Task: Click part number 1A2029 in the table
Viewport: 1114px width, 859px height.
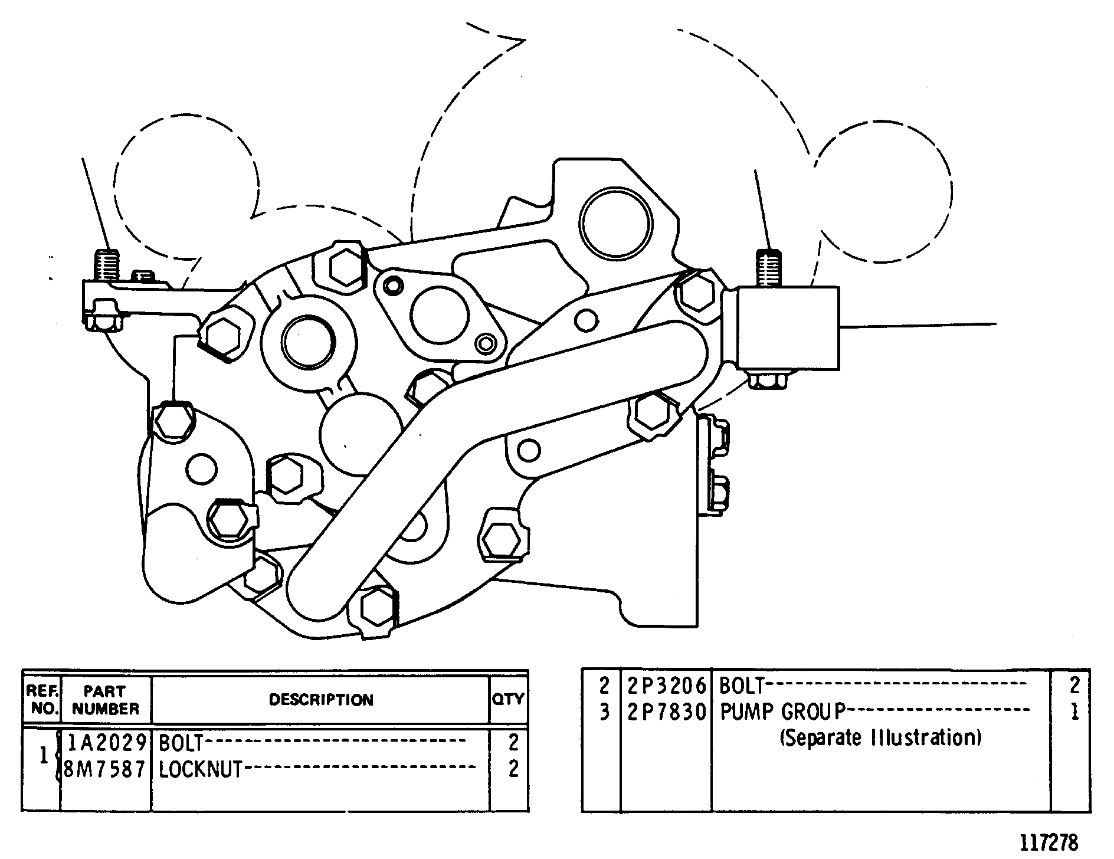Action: tap(106, 742)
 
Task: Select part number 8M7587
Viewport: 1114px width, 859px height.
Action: tap(104, 769)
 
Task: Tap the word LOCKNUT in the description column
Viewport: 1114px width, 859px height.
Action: tap(201, 769)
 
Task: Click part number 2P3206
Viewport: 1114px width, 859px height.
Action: tap(666, 686)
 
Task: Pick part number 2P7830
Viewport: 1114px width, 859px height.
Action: tap(666, 712)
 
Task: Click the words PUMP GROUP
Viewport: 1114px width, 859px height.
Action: tap(783, 712)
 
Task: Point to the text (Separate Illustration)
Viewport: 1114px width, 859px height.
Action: tap(881, 737)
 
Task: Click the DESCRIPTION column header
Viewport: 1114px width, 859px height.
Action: tap(321, 700)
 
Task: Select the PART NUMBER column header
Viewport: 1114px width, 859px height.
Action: tap(106, 700)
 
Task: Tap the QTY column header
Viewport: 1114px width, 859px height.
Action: tap(508, 699)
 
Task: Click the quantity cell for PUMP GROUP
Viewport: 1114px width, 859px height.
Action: tap(1074, 712)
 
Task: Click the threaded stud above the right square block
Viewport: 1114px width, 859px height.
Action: tap(769, 268)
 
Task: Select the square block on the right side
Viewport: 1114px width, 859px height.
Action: tap(788, 329)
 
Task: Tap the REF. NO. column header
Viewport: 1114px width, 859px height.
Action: tap(42, 700)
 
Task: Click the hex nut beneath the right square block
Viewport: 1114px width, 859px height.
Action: tap(767, 380)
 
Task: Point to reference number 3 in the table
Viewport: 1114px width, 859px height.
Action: tap(604, 712)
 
